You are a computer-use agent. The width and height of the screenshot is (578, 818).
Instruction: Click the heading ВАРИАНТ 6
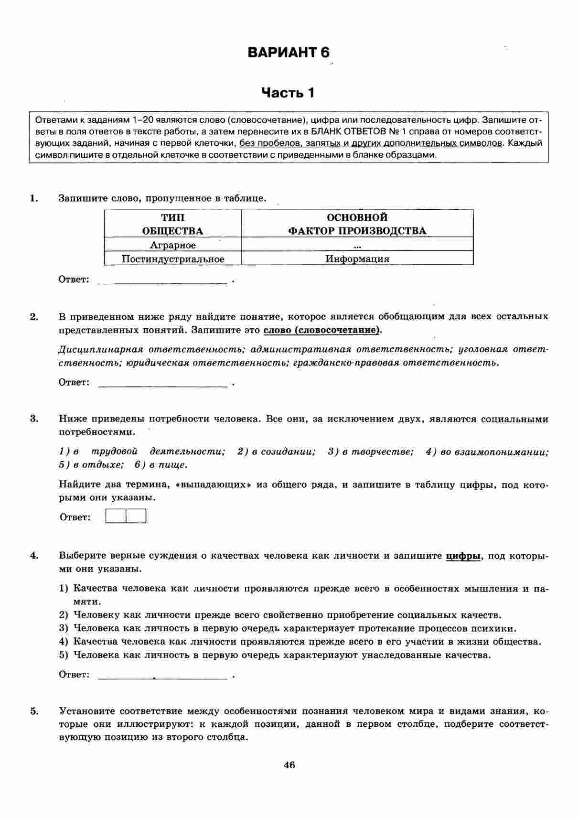tap(289, 53)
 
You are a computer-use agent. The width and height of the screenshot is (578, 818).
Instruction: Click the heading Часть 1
tap(289, 92)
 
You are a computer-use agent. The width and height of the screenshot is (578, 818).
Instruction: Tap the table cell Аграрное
tap(173, 245)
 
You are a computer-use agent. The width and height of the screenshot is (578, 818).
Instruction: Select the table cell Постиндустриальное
tap(173, 259)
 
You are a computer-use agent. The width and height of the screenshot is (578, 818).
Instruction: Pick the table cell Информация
tap(357, 259)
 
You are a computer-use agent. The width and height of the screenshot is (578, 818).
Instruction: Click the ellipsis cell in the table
tap(357, 246)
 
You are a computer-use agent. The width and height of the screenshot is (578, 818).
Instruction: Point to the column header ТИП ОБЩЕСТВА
tap(173, 224)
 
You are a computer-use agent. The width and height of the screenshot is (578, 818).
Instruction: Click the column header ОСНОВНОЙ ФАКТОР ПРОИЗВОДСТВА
tap(357, 224)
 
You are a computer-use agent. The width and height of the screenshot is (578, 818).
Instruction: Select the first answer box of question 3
tap(116, 517)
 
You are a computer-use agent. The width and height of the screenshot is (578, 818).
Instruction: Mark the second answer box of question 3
tap(136, 517)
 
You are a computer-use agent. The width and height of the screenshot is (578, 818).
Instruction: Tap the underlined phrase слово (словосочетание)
tap(323, 330)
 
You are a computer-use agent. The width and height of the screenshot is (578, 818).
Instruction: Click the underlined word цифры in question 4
tap(463, 556)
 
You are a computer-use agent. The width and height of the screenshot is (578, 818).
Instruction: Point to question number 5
tap(34, 711)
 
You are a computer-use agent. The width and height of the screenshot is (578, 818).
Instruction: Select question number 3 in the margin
tap(34, 419)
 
